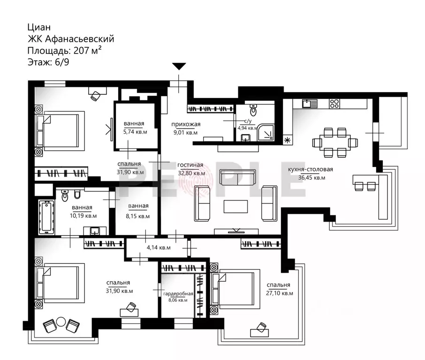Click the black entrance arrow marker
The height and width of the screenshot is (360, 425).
[179, 66]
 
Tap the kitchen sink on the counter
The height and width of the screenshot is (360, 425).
[310, 103]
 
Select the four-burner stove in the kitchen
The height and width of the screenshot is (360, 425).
[334, 104]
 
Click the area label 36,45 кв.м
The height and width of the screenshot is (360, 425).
[311, 178]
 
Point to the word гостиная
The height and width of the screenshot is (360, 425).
[190, 165]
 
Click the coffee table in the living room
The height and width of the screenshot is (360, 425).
[235, 207]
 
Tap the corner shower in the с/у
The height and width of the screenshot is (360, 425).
[266, 132]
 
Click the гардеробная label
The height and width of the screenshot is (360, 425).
[178, 294]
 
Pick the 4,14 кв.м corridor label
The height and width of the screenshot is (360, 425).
[159, 247]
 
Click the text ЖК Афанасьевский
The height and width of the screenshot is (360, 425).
[71, 39]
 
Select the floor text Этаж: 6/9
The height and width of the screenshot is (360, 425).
[48, 62]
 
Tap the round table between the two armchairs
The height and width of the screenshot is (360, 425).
[61, 322]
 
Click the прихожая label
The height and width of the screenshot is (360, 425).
[186, 124]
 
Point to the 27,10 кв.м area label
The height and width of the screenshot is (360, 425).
[280, 293]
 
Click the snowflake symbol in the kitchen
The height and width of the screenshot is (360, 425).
[287, 140]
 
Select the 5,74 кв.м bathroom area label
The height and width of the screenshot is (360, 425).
[135, 132]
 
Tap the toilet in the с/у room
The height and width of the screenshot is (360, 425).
[253, 110]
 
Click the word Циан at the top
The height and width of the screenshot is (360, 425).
[39, 27]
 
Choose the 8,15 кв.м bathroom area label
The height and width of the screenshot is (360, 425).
[138, 216]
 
